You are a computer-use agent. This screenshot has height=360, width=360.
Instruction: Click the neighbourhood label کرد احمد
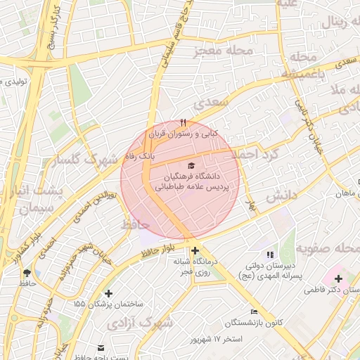tap(255, 153)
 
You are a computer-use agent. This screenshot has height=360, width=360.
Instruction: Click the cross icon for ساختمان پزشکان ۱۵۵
tap(108, 293)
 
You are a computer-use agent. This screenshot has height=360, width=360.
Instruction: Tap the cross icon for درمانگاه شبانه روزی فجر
tap(195, 250)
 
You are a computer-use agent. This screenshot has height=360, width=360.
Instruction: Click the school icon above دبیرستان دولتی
tap(270, 255)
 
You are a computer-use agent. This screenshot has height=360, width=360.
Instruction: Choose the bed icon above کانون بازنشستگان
tap(254, 311)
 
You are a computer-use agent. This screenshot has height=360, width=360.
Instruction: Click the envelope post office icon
tap(101, 347)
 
